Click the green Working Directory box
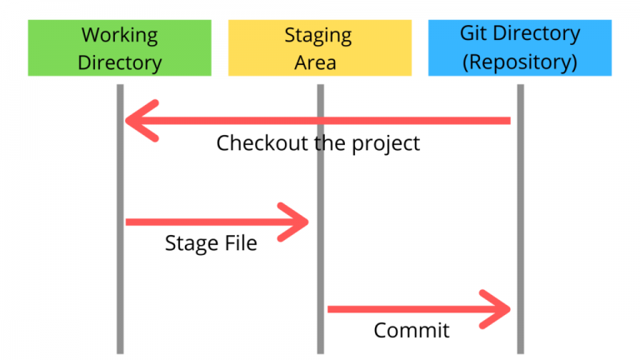120,47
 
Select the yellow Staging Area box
320,47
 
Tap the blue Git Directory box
520,47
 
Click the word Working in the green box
120,36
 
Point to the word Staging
318,36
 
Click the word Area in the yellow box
316,62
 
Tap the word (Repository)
520,62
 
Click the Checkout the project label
318,143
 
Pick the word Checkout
262,142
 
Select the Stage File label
211,242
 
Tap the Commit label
412,330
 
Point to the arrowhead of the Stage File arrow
293,222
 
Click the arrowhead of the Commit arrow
495,309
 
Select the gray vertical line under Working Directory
120,219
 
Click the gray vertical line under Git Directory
520,219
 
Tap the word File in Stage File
240,242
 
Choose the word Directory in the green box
120,62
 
